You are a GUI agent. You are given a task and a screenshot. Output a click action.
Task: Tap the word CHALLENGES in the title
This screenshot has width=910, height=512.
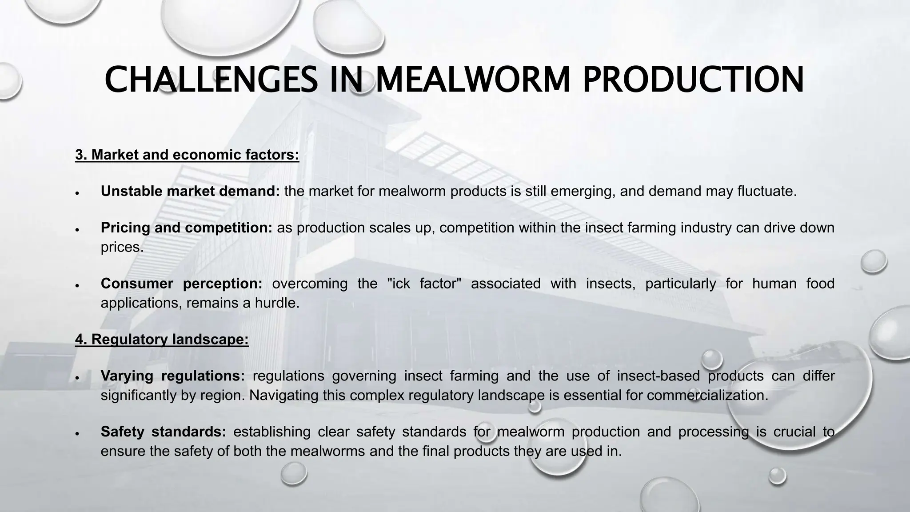211,80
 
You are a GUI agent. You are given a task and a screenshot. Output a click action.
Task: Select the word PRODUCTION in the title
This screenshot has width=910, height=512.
693,80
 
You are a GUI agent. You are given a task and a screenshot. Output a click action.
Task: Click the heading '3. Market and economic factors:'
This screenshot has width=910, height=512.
187,155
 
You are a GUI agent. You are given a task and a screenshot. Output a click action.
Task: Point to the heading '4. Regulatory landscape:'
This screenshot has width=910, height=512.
162,340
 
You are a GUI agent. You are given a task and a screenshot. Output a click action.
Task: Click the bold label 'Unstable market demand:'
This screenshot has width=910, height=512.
190,191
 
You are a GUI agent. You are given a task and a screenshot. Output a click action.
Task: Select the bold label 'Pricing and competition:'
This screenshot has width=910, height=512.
187,228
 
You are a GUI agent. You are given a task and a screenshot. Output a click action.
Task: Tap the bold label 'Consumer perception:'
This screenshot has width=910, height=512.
181,284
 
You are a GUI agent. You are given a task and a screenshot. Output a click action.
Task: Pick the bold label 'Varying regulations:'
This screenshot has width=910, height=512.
172,376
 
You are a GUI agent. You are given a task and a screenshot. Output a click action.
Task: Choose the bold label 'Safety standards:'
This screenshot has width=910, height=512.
163,432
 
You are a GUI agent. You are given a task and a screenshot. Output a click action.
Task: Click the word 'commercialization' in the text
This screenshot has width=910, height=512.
707,395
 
